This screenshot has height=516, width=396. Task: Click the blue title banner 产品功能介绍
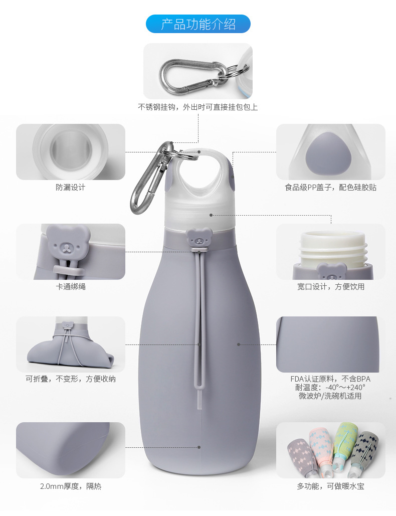tap(198, 24)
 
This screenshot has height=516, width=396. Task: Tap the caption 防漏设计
tap(70, 187)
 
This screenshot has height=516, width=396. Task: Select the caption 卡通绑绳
tap(70, 287)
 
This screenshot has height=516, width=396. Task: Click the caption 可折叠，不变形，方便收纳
tap(70, 379)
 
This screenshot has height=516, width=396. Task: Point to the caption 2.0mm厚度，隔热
tap(70, 486)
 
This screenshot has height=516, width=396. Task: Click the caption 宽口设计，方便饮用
tap(330, 287)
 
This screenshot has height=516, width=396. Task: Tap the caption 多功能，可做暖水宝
tap(330, 486)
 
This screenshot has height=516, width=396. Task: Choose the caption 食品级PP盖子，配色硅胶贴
tap(330, 187)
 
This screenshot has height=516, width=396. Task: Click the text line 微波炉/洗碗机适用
tap(330, 396)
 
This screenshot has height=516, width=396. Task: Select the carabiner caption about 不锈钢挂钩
tap(197, 107)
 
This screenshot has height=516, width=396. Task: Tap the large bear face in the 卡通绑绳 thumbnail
tap(68, 243)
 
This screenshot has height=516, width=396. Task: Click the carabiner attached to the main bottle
tap(152, 178)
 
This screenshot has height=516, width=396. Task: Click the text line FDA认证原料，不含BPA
tap(330, 379)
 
